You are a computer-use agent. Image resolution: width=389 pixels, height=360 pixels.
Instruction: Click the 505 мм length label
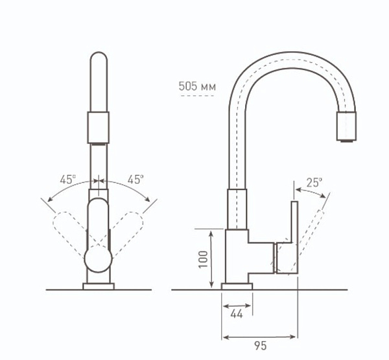pos(197,87)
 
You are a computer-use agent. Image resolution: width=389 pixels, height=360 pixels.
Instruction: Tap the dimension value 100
pos(203,259)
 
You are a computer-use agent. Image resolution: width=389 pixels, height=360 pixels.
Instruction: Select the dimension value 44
pos(237,315)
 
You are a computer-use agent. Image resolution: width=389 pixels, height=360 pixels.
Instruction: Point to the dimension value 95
pos(260,346)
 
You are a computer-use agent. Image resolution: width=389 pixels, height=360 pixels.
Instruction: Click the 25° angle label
pos(314,183)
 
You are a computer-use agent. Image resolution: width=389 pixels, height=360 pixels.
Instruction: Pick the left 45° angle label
pos(67,179)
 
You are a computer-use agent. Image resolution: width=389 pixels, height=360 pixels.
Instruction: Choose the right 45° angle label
pos(136,179)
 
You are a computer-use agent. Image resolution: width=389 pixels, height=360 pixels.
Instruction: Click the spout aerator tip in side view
pos(346,127)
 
